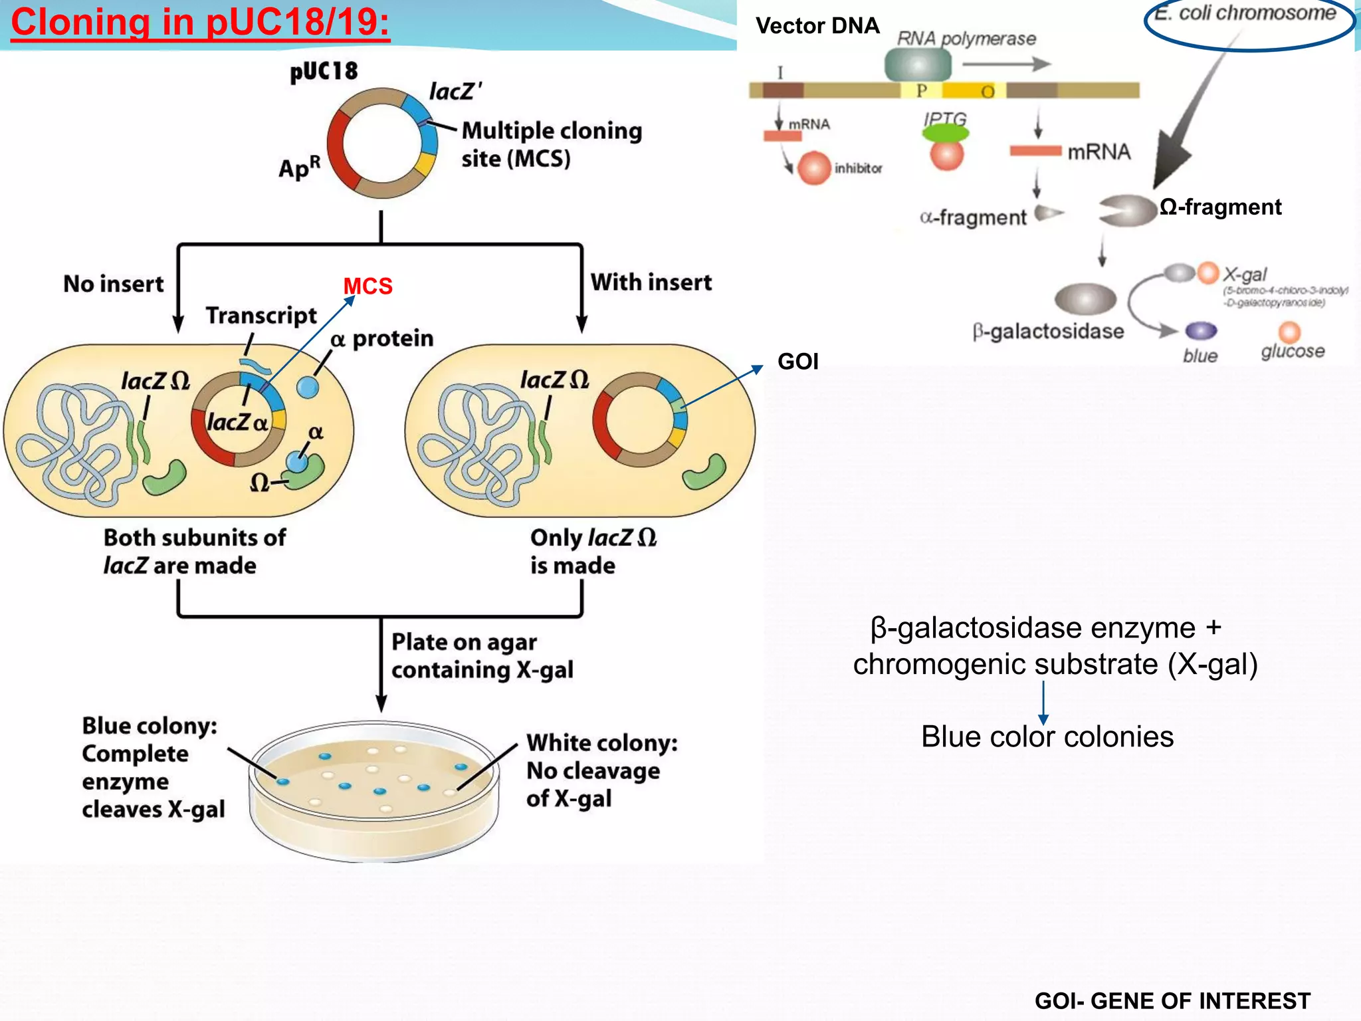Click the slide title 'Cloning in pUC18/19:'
coord(200,23)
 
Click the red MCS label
coord(367,286)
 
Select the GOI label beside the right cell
coord(797,362)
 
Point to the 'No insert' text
coord(113,284)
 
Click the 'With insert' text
coord(651,283)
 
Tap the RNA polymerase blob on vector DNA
coord(918,65)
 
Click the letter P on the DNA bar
coord(921,91)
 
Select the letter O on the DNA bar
coord(988,92)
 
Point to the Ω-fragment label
coord(1220,207)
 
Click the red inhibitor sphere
coord(814,168)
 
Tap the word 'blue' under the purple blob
coord(1200,356)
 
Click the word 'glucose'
coord(1293,352)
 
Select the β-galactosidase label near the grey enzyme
coord(1048,332)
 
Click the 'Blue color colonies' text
coord(1047,737)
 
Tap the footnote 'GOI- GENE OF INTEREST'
coord(1172,1000)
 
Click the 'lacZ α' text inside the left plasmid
coord(237,423)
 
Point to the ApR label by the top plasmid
coord(299,168)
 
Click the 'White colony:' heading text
coord(602,743)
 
